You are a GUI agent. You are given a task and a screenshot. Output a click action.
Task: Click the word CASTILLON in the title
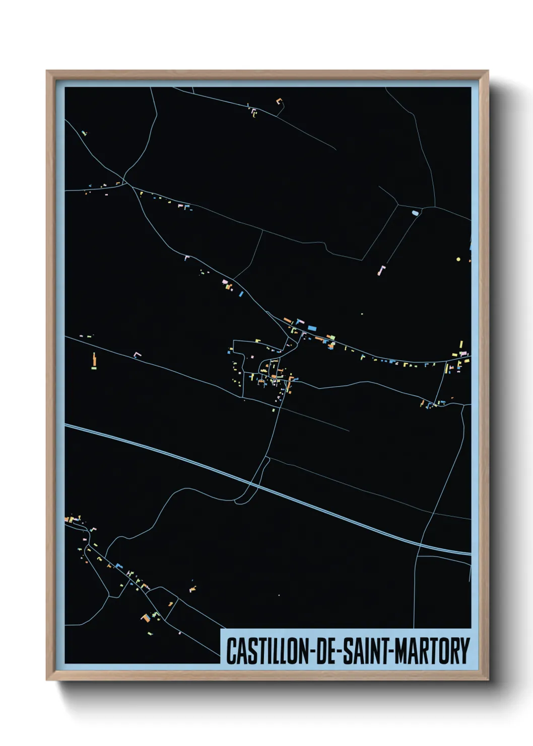pyautogui.click(x=266, y=651)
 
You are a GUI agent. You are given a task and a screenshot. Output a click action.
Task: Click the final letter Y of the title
pyautogui.click(x=465, y=651)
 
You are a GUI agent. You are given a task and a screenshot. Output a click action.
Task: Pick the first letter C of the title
pyautogui.click(x=230, y=651)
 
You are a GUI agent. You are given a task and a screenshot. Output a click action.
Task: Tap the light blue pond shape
pyautogui.click(x=415, y=213)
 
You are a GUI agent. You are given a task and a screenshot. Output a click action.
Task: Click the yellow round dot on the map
pyautogui.click(x=458, y=259)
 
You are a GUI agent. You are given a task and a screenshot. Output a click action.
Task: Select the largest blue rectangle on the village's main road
pyautogui.click(x=312, y=328)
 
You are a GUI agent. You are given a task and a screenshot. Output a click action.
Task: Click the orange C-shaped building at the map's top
pyautogui.click(x=279, y=101)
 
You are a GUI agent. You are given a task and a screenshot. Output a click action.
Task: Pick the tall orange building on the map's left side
pyautogui.click(x=94, y=360)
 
